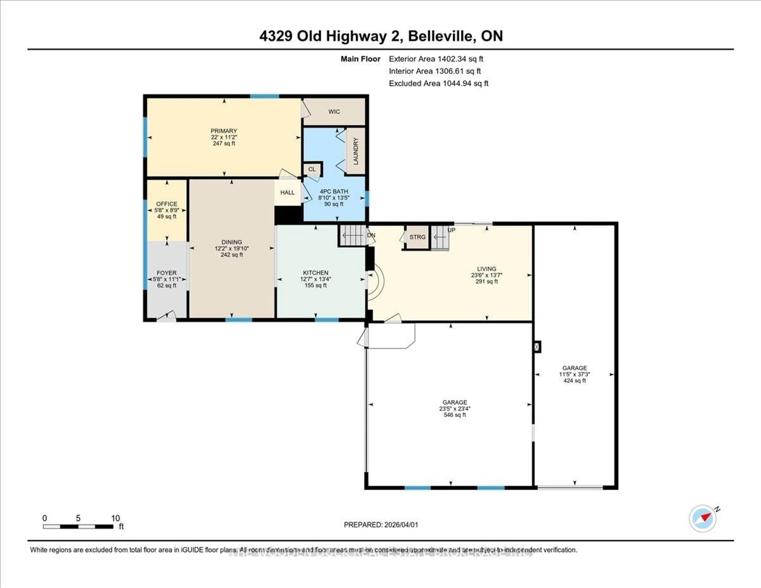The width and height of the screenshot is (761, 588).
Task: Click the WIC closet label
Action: pyautogui.click(x=334, y=112)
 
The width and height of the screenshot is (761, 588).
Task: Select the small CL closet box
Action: pyautogui.click(x=312, y=169)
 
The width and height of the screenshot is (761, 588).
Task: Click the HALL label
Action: pyautogui.click(x=288, y=192)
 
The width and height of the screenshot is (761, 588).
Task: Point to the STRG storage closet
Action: pyautogui.click(x=417, y=237)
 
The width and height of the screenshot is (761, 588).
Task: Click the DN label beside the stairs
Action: pyautogui.click(x=371, y=235)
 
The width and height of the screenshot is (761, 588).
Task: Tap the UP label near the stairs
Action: pyautogui.click(x=451, y=230)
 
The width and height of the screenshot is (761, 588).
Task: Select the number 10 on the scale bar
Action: pyautogui.click(x=115, y=518)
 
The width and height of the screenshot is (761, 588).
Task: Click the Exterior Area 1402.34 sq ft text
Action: pyautogui.click(x=436, y=59)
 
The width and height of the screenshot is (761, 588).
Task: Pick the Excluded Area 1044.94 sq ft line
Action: pyautogui.click(x=438, y=83)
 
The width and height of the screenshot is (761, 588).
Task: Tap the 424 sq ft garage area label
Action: pyautogui.click(x=575, y=381)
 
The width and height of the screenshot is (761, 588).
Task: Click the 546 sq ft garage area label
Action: pyautogui.click(x=455, y=415)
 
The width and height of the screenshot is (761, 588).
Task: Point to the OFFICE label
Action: pyautogui.click(x=166, y=204)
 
